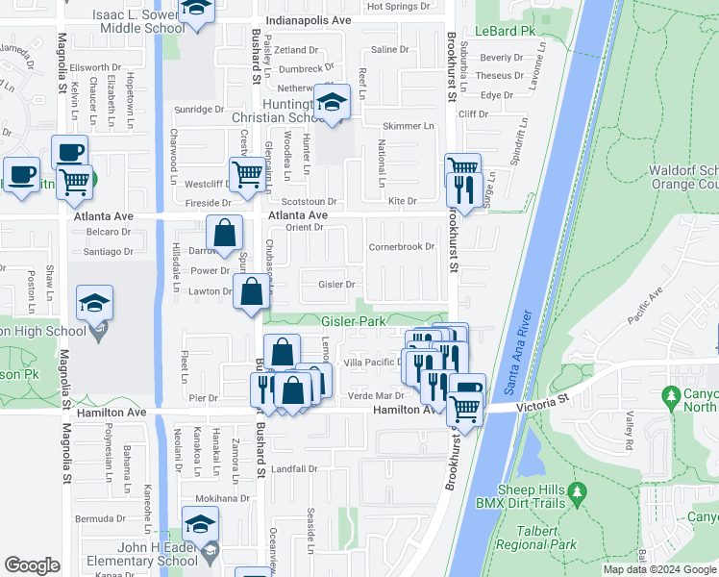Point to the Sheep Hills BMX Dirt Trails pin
pos(577,494)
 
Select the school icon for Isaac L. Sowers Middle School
pos(197,10)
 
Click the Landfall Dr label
pos(293,469)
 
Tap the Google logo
pos(32,565)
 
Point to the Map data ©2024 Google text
pos(659,569)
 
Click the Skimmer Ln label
pos(408,126)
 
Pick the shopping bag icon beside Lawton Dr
pos(251,292)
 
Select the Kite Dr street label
pos(402,201)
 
